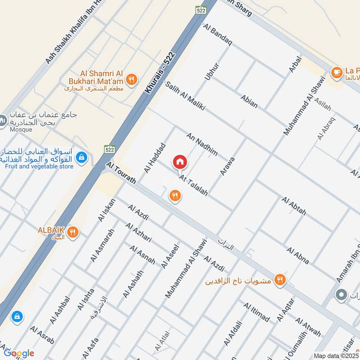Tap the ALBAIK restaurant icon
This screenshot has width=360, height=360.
tap(72, 233)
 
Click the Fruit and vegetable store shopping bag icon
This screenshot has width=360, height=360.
tap(81, 157)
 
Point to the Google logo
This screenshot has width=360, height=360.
tap(19, 353)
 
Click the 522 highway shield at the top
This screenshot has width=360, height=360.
tap(201, 9)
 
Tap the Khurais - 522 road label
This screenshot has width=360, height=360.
tap(160, 72)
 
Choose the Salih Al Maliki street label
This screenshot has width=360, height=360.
tap(185, 96)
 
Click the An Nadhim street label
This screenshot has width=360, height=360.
tap(202, 144)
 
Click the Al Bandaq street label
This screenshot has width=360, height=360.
tap(217, 35)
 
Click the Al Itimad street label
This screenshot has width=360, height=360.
tap(256, 313)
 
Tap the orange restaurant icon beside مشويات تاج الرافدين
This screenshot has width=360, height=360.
tap(280, 280)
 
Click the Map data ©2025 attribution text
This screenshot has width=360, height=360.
tap(336, 355)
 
